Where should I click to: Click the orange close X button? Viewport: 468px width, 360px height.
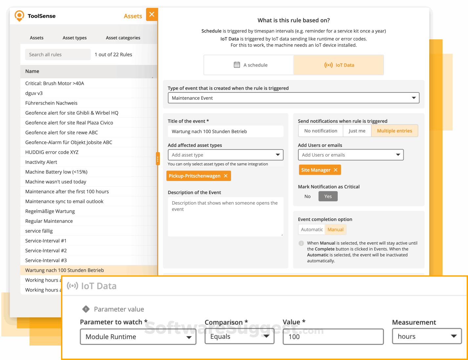(152, 14)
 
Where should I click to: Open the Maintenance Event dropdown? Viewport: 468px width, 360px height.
(293, 98)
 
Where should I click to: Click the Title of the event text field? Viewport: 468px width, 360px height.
(225, 131)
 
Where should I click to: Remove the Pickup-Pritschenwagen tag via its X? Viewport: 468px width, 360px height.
(226, 176)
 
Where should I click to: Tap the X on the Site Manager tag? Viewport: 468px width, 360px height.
(335, 170)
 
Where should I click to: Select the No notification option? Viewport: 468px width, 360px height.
(321, 131)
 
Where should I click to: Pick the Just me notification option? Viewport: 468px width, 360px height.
(357, 131)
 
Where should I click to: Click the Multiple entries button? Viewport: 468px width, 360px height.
(394, 131)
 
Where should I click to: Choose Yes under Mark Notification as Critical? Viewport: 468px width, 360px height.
(328, 196)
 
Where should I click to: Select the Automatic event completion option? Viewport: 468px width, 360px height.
(312, 230)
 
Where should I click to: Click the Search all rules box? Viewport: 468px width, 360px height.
(58, 54)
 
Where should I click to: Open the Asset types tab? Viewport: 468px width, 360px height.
(74, 38)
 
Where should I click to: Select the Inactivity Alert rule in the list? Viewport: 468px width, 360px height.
(41, 162)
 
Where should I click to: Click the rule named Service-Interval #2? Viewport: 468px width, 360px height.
(46, 250)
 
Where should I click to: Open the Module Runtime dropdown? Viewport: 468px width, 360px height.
(138, 337)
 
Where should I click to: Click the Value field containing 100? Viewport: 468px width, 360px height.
(333, 337)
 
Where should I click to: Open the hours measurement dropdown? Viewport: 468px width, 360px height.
(427, 336)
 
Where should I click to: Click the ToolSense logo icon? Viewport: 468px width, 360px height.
(19, 16)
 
